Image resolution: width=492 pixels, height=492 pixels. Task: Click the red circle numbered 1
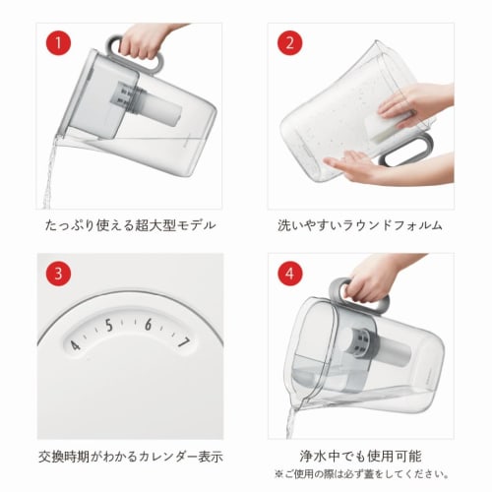pos(58,43)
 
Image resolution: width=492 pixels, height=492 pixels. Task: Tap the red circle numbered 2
pos(289,43)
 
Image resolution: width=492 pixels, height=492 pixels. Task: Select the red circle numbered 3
pos(58,274)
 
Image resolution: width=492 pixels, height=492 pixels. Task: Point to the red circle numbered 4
pos(289,274)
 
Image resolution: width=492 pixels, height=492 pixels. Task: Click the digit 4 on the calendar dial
pos(75,345)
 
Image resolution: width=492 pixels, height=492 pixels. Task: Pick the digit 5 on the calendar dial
pos(109,326)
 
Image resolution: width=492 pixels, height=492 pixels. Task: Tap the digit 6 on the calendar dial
pos(149,325)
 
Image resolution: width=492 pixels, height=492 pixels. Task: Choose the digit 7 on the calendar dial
pos(183,342)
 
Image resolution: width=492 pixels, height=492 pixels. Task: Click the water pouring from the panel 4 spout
pos(290,421)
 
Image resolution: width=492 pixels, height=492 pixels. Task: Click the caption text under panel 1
pos(130,225)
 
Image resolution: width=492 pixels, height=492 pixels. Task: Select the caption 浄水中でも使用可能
pos(360,456)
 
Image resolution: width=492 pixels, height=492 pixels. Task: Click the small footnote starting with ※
pos(361,474)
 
